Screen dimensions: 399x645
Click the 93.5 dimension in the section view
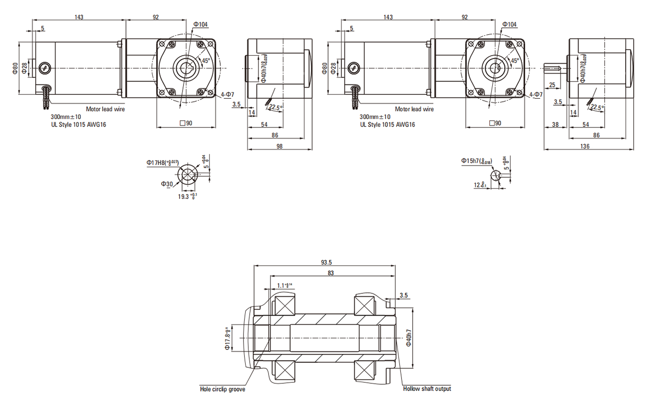(x=326, y=262)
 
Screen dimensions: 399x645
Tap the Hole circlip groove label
(x=222, y=390)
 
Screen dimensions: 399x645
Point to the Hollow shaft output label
(x=427, y=389)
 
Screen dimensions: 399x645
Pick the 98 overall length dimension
(x=279, y=146)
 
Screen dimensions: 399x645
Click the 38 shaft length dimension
(x=555, y=125)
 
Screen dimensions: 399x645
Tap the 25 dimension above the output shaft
(x=552, y=85)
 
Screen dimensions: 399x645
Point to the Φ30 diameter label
(x=167, y=184)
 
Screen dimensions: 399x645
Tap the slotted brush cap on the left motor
(x=45, y=67)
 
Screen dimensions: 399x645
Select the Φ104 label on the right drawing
(x=510, y=24)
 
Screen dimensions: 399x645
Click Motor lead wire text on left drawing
(x=105, y=109)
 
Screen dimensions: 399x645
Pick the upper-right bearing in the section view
(x=364, y=304)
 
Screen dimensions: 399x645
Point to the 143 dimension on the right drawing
(x=388, y=17)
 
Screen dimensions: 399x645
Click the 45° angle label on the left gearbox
(x=205, y=61)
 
